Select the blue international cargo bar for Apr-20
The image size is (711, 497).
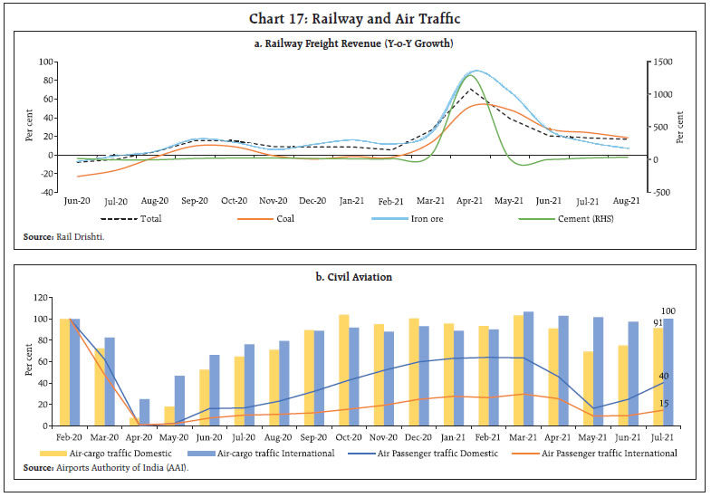tap(144, 412)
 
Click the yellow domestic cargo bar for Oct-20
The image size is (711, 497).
tap(343, 370)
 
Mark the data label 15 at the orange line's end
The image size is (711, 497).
tap(664, 405)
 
